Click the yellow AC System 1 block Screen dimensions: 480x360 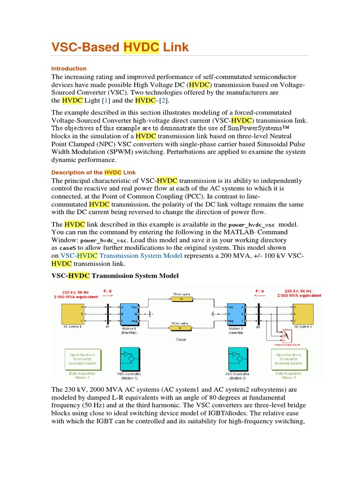pos(72,313)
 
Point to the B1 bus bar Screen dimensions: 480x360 pos(108,313)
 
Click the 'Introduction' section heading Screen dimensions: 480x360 pos(69,68)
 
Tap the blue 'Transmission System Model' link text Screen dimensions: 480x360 pos(141,255)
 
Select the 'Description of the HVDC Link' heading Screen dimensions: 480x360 pos(92,172)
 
